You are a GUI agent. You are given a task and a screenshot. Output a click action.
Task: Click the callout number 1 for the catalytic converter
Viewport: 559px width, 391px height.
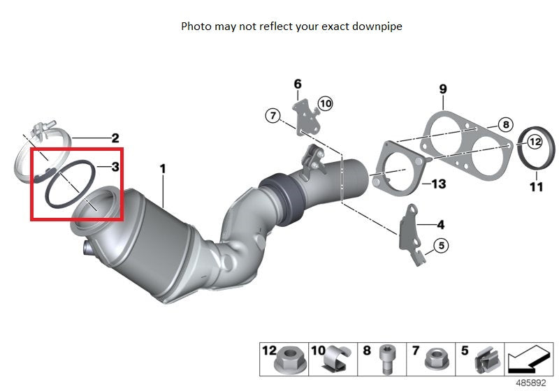click(163, 169)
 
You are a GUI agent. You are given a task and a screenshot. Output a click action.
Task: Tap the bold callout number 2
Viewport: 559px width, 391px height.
click(115, 138)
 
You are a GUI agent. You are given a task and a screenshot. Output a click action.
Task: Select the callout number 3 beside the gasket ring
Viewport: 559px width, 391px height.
click(115, 167)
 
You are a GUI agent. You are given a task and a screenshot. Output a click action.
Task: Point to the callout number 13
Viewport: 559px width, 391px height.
click(439, 184)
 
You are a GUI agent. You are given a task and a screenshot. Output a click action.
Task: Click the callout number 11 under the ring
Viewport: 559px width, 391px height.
click(536, 186)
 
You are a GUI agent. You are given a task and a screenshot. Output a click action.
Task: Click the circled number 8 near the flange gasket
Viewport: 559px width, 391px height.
click(506, 125)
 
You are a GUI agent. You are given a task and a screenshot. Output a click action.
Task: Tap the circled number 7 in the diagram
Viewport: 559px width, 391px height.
click(273, 116)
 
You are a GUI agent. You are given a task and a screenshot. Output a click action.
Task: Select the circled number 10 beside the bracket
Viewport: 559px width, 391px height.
click(325, 103)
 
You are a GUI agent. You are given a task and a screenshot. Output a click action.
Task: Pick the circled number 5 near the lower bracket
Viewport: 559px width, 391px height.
click(442, 246)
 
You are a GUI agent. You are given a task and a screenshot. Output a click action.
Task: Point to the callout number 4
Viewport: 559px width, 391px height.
click(441, 225)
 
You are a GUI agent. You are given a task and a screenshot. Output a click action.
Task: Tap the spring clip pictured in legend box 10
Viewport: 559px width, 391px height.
click(337, 359)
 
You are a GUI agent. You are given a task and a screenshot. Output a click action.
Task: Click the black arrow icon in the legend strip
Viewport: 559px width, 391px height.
click(529, 360)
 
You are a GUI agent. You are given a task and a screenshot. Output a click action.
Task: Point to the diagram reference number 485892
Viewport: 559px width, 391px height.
click(531, 383)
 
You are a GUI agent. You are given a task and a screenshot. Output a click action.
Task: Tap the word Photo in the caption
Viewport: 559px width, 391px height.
click(196, 27)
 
